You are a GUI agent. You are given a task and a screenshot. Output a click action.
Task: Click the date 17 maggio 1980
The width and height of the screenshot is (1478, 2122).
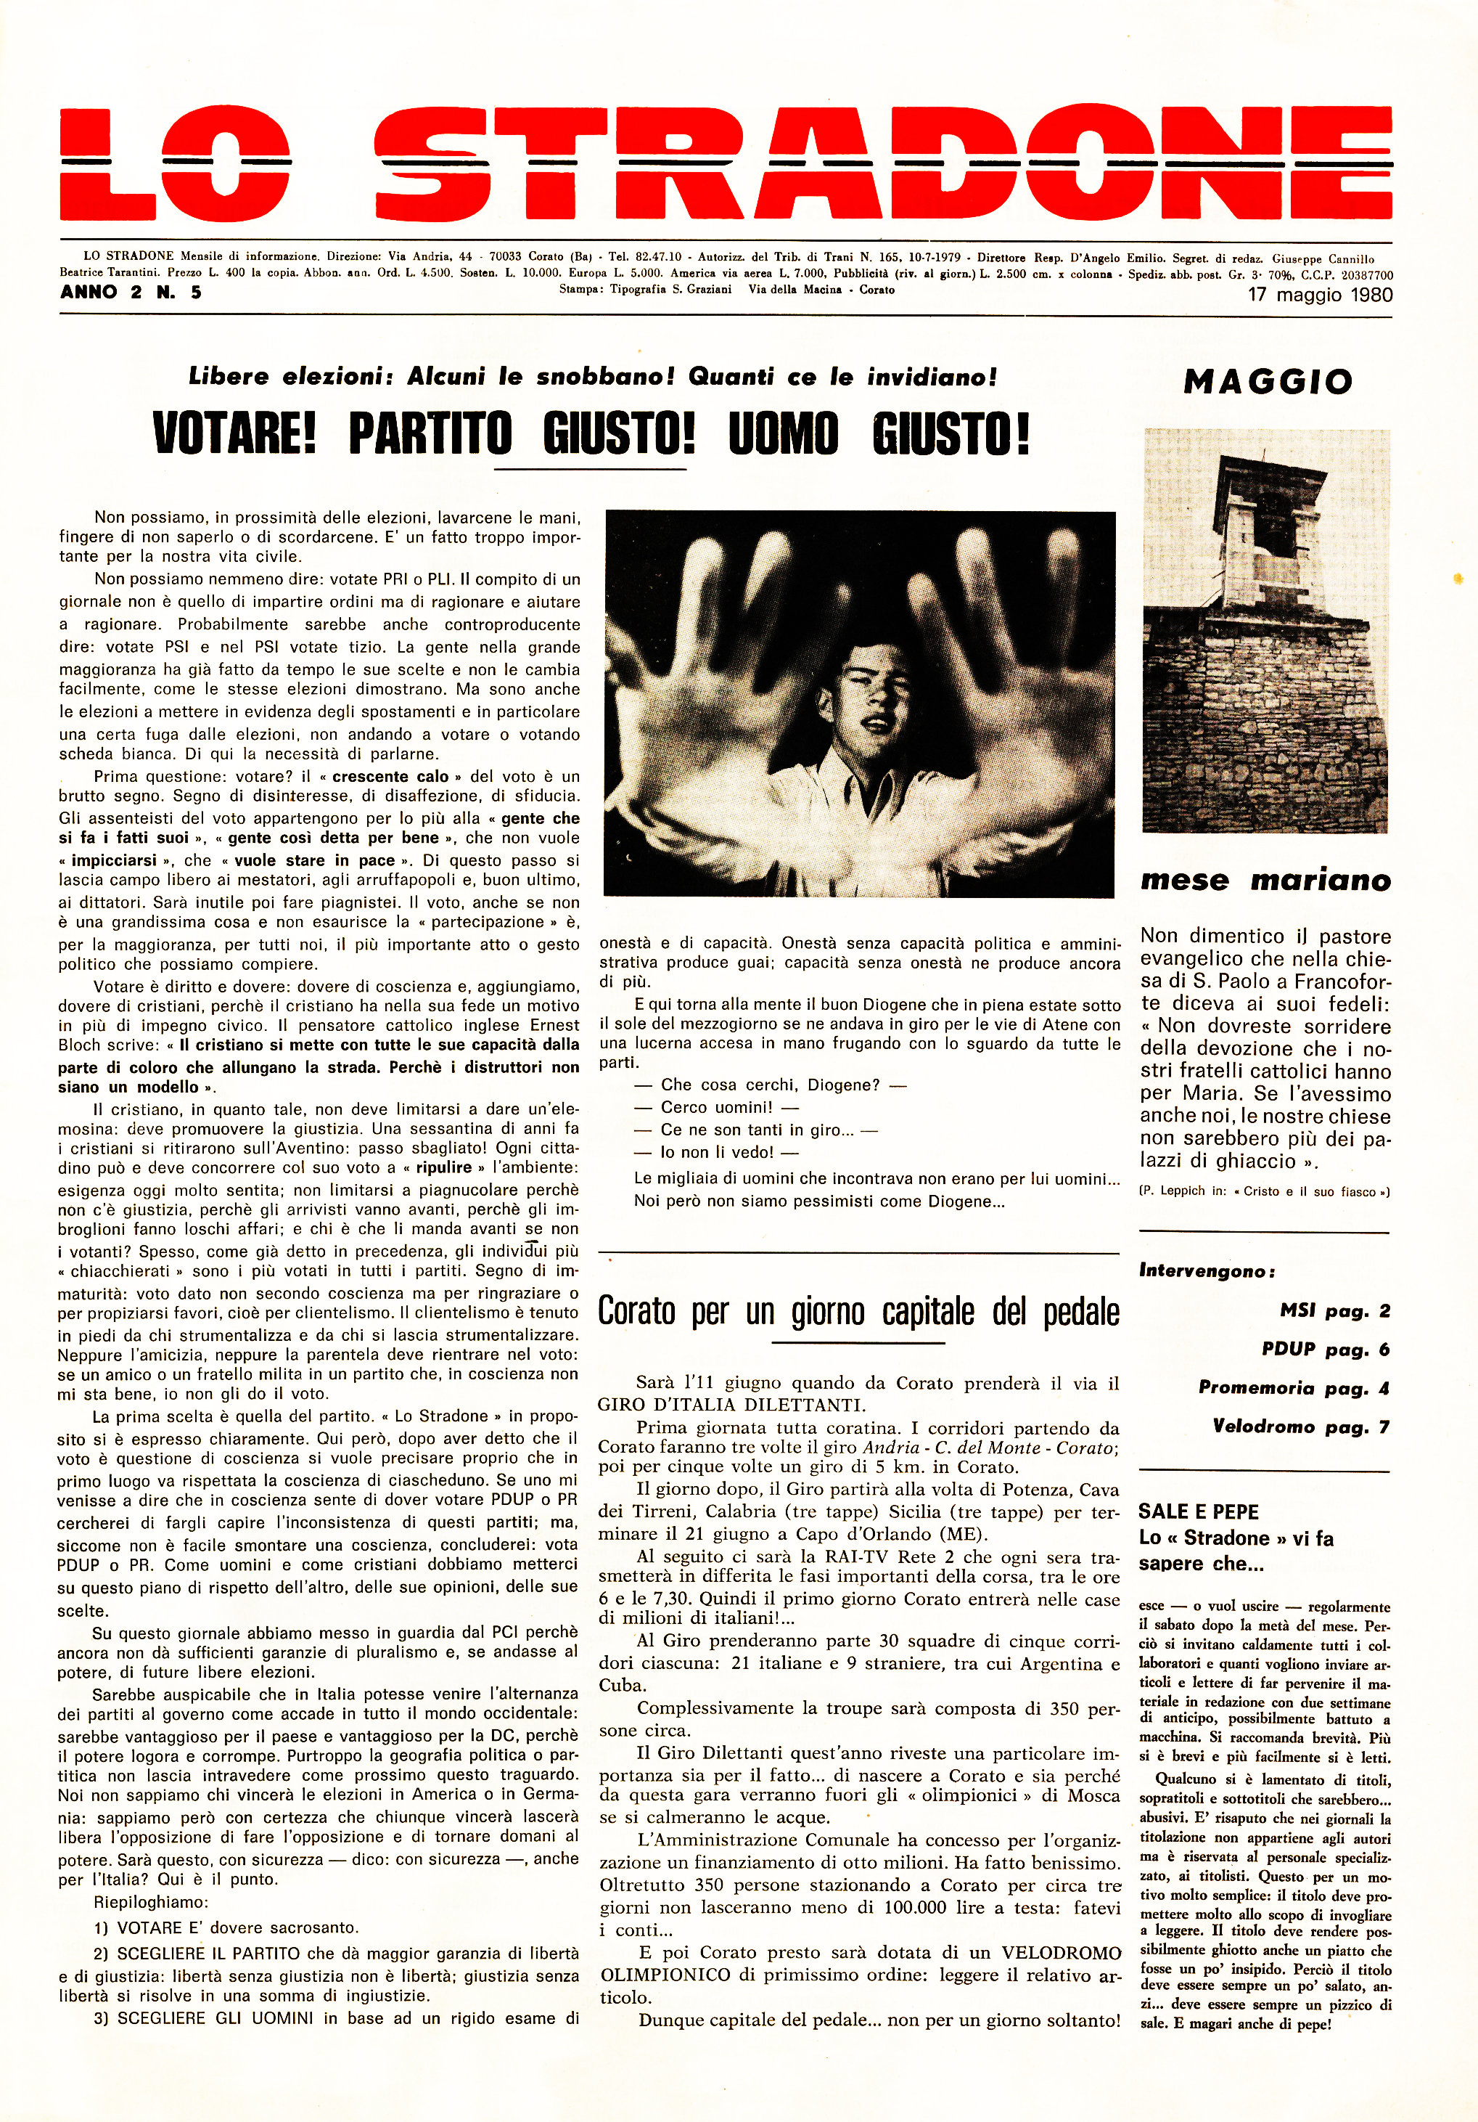[x=1319, y=295]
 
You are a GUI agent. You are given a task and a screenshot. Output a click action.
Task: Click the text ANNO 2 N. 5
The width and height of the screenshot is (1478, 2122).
[x=131, y=292]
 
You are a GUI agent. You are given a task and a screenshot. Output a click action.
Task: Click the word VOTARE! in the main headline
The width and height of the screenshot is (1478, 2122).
[x=234, y=433]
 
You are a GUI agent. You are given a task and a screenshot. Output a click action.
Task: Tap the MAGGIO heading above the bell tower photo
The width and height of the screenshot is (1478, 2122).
[x=1268, y=381]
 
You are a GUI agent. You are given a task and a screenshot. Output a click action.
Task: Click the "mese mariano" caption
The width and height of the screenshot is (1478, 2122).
[x=1265, y=880]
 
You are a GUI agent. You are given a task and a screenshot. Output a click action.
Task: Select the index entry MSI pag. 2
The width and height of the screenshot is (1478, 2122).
[x=1334, y=1310]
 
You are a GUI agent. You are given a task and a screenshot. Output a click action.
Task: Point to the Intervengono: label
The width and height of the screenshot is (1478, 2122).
[x=1207, y=1270]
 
